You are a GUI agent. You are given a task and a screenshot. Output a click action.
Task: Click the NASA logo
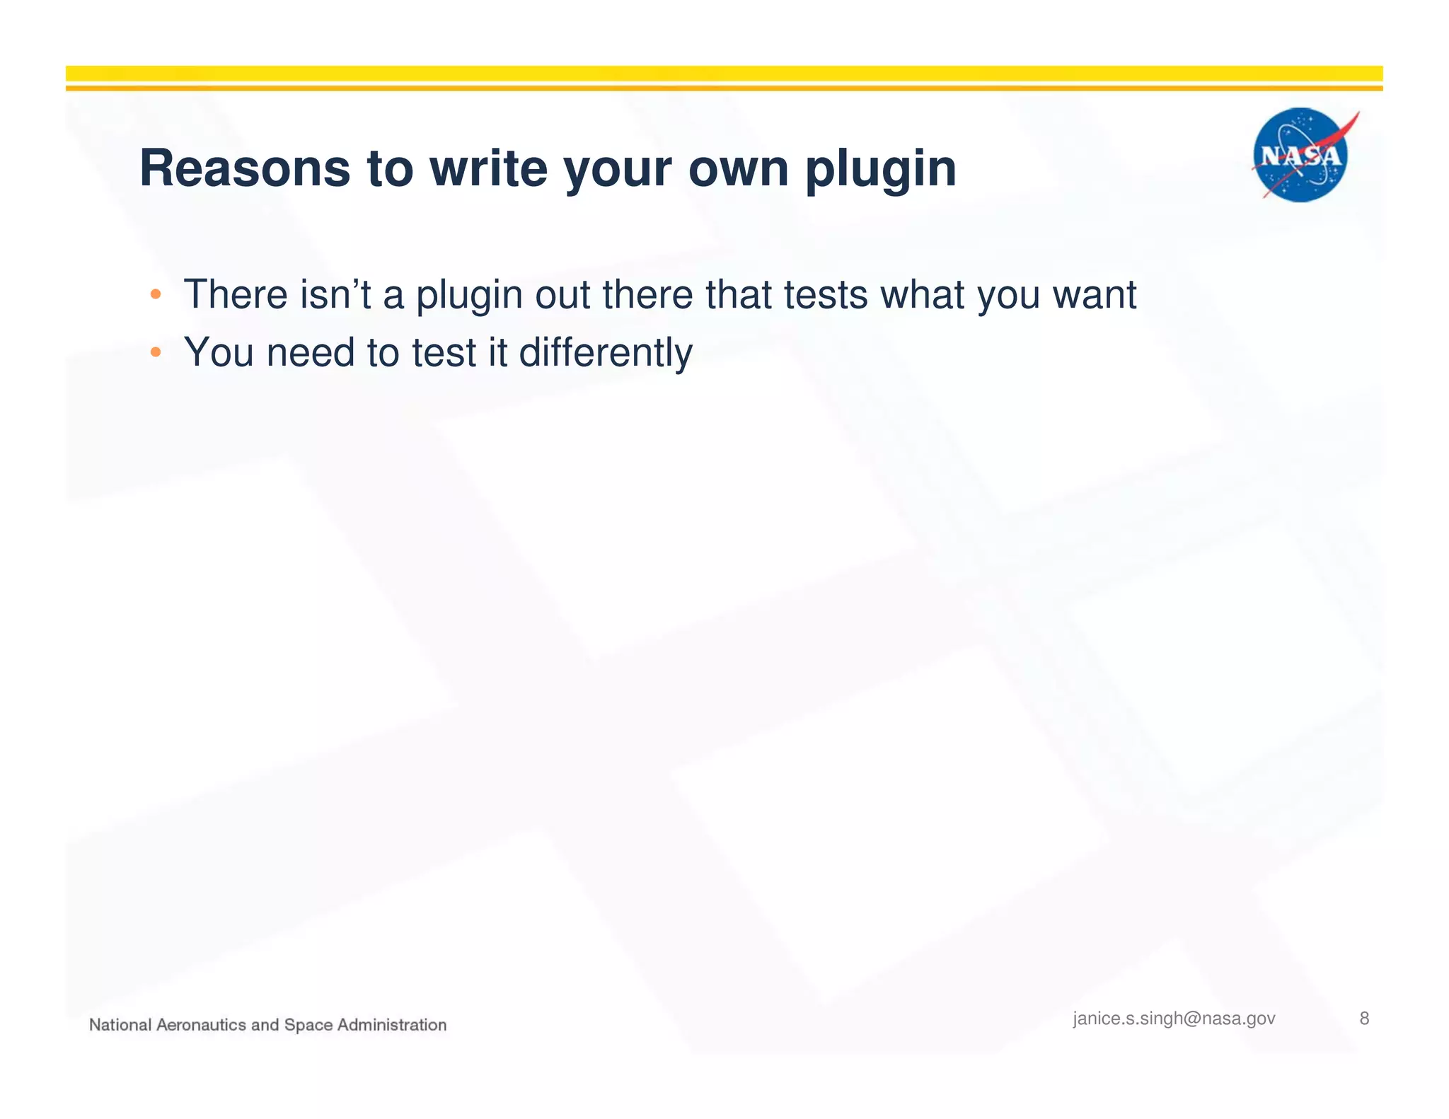click(x=1300, y=155)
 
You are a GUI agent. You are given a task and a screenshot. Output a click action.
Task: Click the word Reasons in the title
click(x=245, y=168)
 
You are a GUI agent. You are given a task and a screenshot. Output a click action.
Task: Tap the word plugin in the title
click(x=880, y=170)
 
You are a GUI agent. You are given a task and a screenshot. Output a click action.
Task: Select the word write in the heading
click(x=488, y=168)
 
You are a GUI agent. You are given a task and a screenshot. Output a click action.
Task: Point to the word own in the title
click(x=738, y=170)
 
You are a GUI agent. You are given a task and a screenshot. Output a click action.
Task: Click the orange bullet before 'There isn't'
click(x=156, y=294)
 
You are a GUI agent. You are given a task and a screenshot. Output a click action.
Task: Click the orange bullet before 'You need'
click(x=156, y=352)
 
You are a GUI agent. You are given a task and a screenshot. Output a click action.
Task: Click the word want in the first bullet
click(x=1094, y=294)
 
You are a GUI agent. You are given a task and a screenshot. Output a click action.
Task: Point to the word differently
click(x=606, y=353)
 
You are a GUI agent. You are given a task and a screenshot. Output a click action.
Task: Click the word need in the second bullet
click(x=310, y=352)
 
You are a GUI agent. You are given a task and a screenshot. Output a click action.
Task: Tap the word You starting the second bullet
click(x=219, y=352)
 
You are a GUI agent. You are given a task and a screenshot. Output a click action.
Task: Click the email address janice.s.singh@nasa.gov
click(x=1174, y=1019)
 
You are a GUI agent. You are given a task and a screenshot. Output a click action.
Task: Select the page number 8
click(x=1364, y=1019)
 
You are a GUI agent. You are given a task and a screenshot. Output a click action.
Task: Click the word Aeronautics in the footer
click(x=201, y=1025)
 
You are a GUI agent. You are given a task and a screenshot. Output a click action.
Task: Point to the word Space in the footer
click(x=308, y=1025)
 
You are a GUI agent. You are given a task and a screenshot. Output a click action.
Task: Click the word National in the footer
click(x=120, y=1025)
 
